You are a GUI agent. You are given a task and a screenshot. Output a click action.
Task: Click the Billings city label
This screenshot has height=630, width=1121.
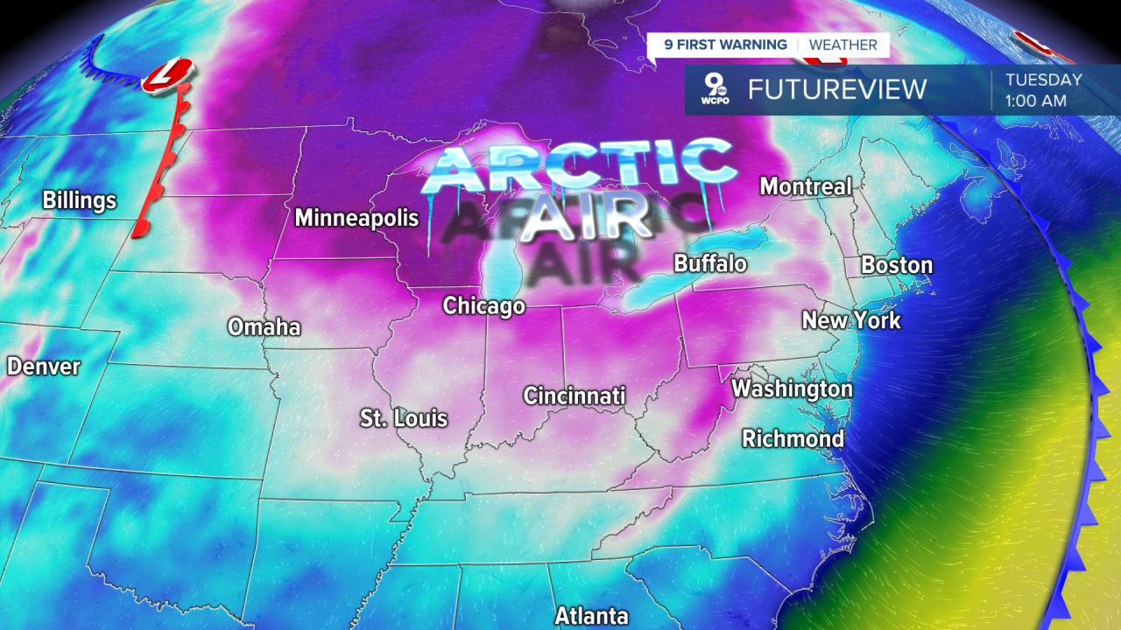point(80,201)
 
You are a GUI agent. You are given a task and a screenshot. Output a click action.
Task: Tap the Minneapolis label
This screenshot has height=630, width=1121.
point(350,218)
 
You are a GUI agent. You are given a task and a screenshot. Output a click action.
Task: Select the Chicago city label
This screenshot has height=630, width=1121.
point(483,306)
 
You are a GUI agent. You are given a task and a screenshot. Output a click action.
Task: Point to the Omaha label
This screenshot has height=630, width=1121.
point(264,327)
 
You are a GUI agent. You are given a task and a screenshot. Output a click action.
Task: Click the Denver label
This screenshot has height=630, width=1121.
point(44,367)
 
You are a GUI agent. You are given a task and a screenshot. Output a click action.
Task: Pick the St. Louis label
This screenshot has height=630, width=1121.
point(404,418)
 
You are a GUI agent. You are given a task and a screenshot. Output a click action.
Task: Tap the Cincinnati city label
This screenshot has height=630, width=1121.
point(575,395)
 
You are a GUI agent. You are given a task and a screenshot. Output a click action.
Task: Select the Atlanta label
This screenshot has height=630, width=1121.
point(591,615)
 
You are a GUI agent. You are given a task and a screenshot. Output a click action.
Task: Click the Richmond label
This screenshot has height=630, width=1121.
point(793,438)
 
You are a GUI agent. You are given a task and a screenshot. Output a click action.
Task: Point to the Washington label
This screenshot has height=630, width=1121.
point(792,388)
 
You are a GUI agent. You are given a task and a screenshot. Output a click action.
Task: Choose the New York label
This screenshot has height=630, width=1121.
point(851,320)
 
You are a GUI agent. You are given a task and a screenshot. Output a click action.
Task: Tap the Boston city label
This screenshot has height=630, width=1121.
point(897,265)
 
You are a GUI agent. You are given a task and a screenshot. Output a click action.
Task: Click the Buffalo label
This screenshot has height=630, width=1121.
point(710,263)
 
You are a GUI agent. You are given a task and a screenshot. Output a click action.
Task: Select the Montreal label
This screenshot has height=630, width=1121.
point(806,186)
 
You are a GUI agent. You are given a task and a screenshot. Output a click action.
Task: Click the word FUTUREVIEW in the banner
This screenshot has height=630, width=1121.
point(836,89)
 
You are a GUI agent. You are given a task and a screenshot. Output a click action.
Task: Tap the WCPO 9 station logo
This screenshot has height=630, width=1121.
point(715,89)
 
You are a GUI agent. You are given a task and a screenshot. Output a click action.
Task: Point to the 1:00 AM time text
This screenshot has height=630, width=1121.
point(1036,101)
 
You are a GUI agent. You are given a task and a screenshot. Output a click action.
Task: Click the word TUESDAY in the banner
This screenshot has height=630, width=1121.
point(1043,80)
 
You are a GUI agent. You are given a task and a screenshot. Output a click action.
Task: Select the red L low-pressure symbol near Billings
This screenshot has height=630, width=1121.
point(167,75)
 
